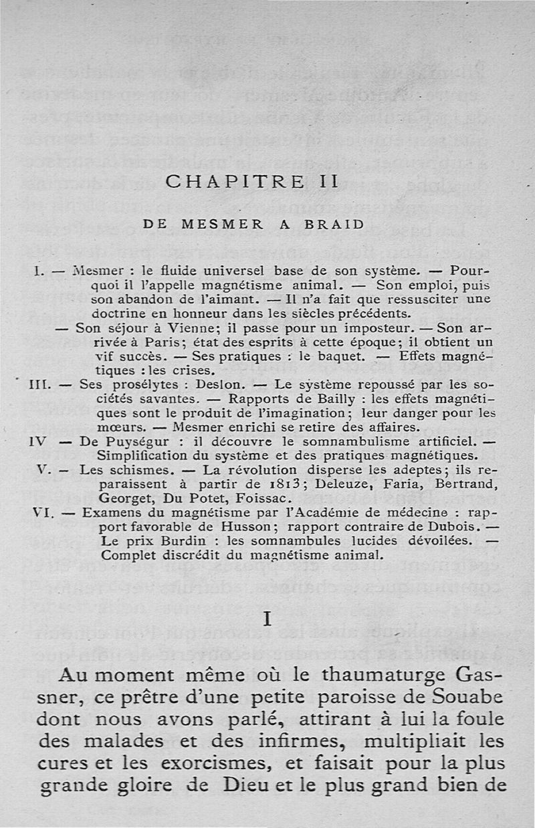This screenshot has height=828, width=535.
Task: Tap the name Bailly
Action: [x=340, y=399]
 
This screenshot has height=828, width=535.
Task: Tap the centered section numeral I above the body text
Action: [x=267, y=619]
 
